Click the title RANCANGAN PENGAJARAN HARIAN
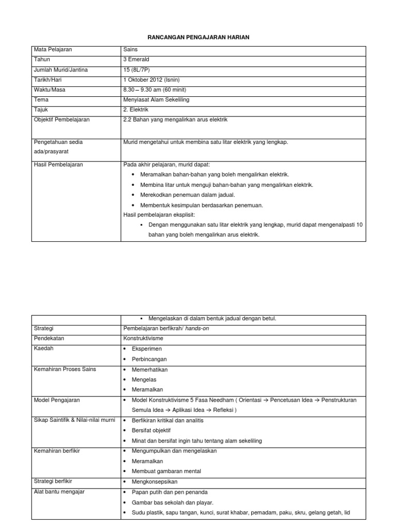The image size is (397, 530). click(x=198, y=37)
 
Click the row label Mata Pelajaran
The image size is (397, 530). click(x=53, y=50)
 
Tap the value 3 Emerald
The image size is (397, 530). click(x=136, y=60)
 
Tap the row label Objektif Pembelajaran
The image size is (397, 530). click(x=62, y=120)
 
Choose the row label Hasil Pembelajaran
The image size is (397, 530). click(x=58, y=165)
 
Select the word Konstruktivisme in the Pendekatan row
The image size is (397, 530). click(x=143, y=338)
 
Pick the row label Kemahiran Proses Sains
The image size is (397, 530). click(x=65, y=369)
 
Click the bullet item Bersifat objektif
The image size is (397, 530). click(x=151, y=431)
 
